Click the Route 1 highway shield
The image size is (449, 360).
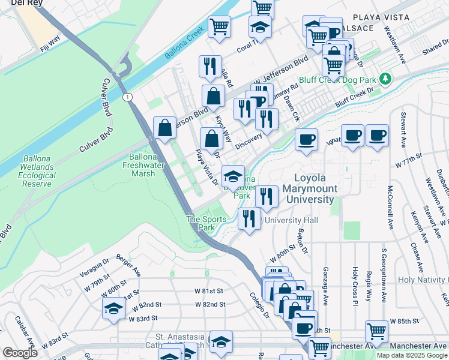[127, 97]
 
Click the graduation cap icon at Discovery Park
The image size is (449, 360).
[233, 176]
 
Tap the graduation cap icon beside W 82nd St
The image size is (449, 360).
[112, 308]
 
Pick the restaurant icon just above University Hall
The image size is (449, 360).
[249, 218]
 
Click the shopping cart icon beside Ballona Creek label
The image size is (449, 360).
[220, 26]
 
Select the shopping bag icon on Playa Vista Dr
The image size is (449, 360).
[211, 139]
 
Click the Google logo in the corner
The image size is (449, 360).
[20, 353]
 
